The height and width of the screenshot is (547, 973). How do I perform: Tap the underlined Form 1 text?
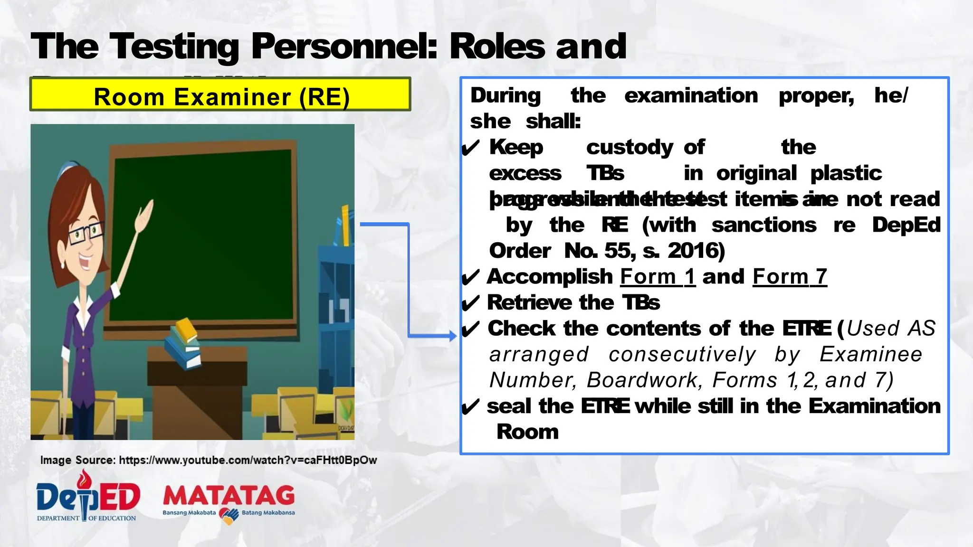tap(658, 277)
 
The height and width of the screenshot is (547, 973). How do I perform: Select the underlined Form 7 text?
tap(790, 277)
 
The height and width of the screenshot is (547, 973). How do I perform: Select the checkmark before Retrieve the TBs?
tap(470, 303)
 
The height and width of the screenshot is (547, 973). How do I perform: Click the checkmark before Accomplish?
tap(470, 278)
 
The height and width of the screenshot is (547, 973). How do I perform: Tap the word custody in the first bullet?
tap(629, 148)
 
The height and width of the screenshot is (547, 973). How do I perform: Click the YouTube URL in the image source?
tap(248, 460)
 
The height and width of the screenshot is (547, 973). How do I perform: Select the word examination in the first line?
tap(691, 96)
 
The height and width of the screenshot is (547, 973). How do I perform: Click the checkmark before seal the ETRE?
tap(470, 407)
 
